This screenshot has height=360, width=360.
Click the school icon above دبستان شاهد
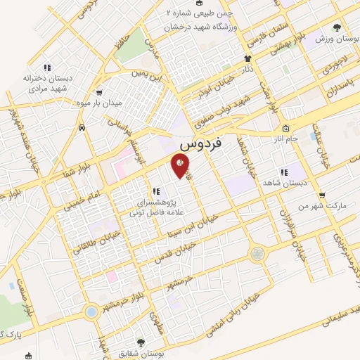(284, 172)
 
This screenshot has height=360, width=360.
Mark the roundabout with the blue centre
(90, 311)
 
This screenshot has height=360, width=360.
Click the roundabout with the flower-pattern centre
(259, 252)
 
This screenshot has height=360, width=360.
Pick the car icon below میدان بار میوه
(83, 128)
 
